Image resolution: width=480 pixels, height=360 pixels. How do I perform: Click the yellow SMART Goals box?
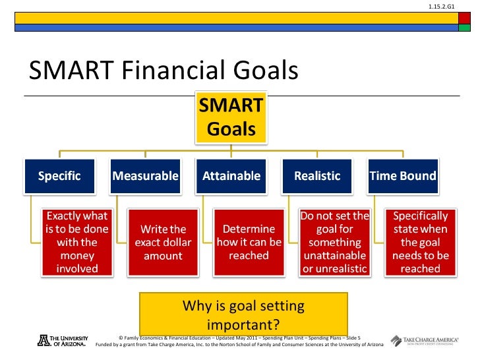[231, 117]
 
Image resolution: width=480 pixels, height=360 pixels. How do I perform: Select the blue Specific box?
[60, 176]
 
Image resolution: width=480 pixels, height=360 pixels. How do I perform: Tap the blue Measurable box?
[146, 176]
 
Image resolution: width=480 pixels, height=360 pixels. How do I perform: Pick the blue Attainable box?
[231, 176]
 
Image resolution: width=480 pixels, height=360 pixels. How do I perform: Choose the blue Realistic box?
[317, 176]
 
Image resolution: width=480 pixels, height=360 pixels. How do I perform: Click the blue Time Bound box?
[403, 176]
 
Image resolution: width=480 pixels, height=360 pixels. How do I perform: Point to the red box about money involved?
[77, 243]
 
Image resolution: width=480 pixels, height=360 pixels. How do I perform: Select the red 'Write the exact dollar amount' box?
[163, 243]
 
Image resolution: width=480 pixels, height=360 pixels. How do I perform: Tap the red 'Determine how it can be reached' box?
[249, 243]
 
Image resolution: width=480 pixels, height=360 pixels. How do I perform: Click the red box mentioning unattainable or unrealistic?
[335, 243]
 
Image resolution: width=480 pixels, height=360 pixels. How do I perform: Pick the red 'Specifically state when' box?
[421, 243]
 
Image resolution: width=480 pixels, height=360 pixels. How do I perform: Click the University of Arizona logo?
[63, 341]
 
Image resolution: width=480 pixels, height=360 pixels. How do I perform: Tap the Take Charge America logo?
[425, 341]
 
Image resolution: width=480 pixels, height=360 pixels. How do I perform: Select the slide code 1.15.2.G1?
[442, 7]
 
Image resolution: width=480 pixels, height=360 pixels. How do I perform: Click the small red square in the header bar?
[464, 18]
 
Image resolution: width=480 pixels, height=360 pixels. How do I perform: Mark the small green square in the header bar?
[464, 28]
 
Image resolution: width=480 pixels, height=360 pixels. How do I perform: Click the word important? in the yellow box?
[243, 324]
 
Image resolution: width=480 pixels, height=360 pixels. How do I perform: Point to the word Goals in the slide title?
[266, 70]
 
